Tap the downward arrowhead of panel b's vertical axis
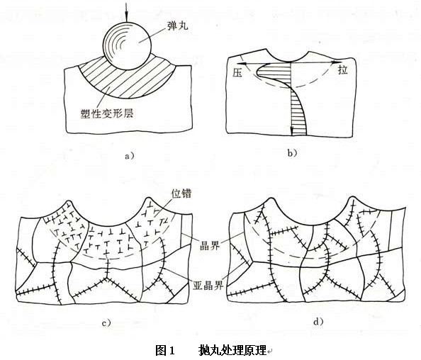click(291, 133)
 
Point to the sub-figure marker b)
click(292, 152)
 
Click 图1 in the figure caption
click(164, 350)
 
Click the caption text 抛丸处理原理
click(232, 350)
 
